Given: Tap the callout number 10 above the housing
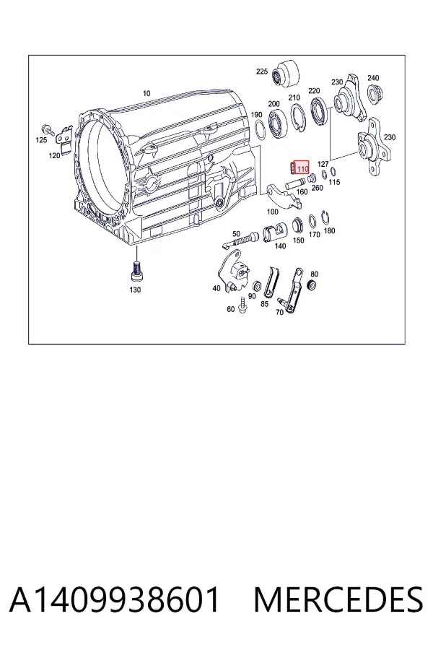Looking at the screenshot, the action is (x=146, y=93).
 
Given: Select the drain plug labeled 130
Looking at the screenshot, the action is (x=136, y=272).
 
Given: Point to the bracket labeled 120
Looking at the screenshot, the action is (x=65, y=137).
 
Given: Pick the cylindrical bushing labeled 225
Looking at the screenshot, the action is (x=286, y=74).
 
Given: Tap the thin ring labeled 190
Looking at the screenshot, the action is (x=261, y=131).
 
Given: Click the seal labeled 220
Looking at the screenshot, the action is (x=320, y=110).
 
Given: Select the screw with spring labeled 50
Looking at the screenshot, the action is (x=240, y=240).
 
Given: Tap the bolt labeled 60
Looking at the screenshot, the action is (x=242, y=305).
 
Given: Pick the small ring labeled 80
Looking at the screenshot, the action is (x=312, y=285).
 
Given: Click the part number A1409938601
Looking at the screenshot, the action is (x=114, y=600).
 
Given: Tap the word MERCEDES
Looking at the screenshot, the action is (x=338, y=600).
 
